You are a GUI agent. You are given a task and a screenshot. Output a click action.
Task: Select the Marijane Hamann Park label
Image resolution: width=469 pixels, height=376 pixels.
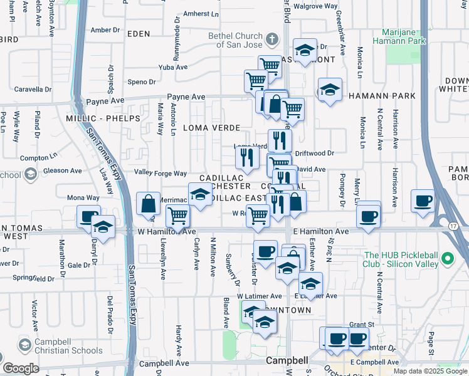coord(404,36)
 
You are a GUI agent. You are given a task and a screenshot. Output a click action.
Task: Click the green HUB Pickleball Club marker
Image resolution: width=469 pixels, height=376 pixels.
coord(447,258)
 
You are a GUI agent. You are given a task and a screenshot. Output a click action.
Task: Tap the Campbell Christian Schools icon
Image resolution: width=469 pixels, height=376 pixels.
coord(24,345)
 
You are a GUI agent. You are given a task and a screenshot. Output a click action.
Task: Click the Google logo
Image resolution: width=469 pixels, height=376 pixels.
coord(21,368)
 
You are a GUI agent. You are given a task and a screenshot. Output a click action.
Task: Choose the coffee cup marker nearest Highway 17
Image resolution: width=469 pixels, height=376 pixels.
coord(423,202)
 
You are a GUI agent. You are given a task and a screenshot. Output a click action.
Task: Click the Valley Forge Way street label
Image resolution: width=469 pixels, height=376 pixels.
coord(161,173)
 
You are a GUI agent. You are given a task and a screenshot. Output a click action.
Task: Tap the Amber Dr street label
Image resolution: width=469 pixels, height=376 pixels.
coord(105,29)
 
